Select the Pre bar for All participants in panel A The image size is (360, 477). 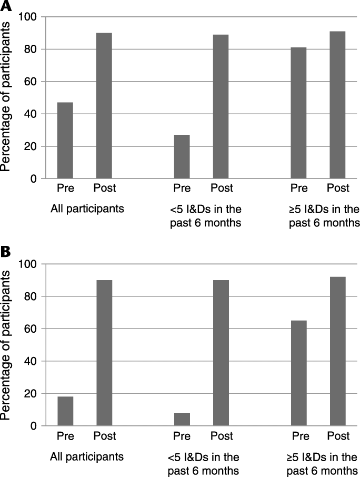(x=65, y=141)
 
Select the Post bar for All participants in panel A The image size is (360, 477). (x=104, y=106)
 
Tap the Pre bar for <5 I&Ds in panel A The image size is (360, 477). (x=182, y=157)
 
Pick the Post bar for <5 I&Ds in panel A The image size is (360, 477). (x=221, y=107)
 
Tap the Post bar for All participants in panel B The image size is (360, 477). (x=104, y=353)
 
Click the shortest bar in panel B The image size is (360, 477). (x=182, y=419)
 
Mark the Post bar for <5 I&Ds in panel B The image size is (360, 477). (x=221, y=353)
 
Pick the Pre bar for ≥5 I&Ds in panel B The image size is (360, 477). (x=299, y=373)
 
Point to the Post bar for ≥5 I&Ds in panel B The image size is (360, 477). (x=337, y=351)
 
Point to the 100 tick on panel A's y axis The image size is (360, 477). (x=29, y=17)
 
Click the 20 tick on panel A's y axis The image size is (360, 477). (x=33, y=147)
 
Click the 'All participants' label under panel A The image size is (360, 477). (x=87, y=209)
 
